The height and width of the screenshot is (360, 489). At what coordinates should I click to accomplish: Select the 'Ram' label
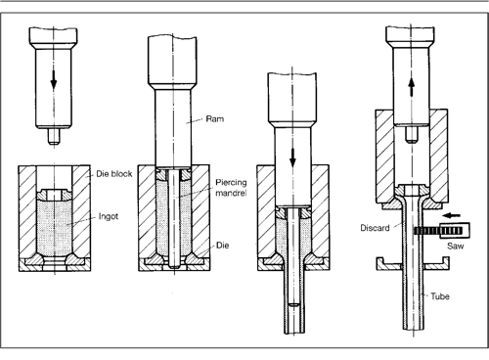click(x=217, y=118)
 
